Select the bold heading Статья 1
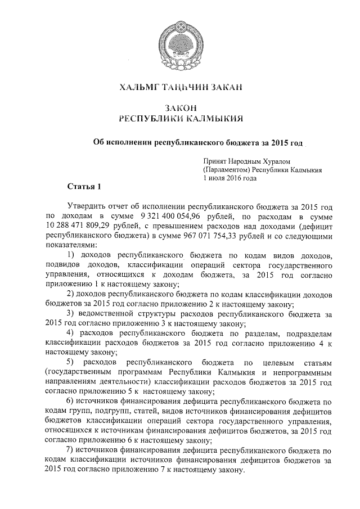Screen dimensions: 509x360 click(84, 186)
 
